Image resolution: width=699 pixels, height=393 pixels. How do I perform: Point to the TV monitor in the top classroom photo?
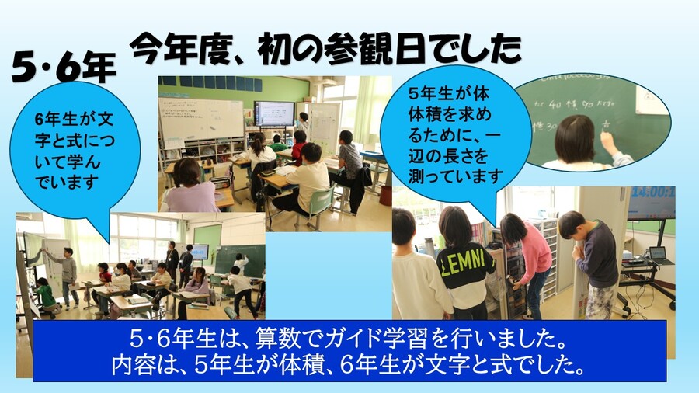pyautogui.click(x=274, y=113)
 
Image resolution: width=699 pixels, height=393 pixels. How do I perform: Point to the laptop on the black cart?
pyautogui.click(x=657, y=254)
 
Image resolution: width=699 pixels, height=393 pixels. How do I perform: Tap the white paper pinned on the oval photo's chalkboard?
pyautogui.click(x=651, y=100)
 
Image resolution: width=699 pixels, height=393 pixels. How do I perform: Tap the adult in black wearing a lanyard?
pyautogui.click(x=172, y=261)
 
